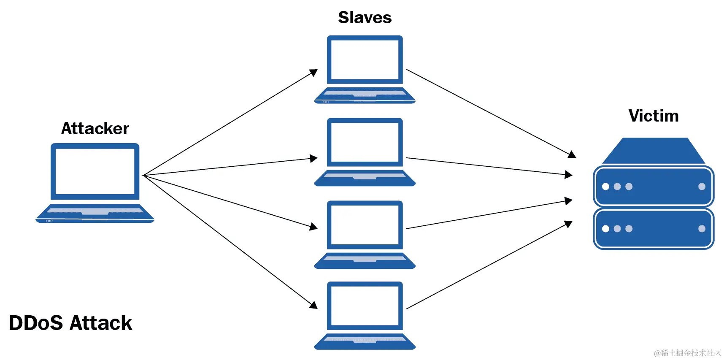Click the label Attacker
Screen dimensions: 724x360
point(95,128)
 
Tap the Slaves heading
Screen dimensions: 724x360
point(365,18)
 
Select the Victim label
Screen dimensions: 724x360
point(653,116)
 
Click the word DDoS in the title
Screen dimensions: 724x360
point(36,323)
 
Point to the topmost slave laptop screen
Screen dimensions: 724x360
point(365,59)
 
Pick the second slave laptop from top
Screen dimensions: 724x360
point(365,152)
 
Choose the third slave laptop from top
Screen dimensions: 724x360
point(365,235)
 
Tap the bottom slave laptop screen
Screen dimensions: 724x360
point(365,306)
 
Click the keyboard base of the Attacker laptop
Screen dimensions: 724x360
point(95,213)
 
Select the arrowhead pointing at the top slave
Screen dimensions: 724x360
point(313,73)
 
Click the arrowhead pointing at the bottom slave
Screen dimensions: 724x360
point(313,305)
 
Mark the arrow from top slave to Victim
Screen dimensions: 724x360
point(489,113)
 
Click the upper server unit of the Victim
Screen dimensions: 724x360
point(653,186)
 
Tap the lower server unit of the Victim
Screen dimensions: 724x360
point(653,228)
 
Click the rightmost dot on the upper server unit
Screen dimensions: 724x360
point(702,187)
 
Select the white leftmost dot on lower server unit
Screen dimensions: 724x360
point(605,229)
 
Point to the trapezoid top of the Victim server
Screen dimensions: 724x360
point(653,151)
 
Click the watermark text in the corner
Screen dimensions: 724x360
point(687,353)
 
